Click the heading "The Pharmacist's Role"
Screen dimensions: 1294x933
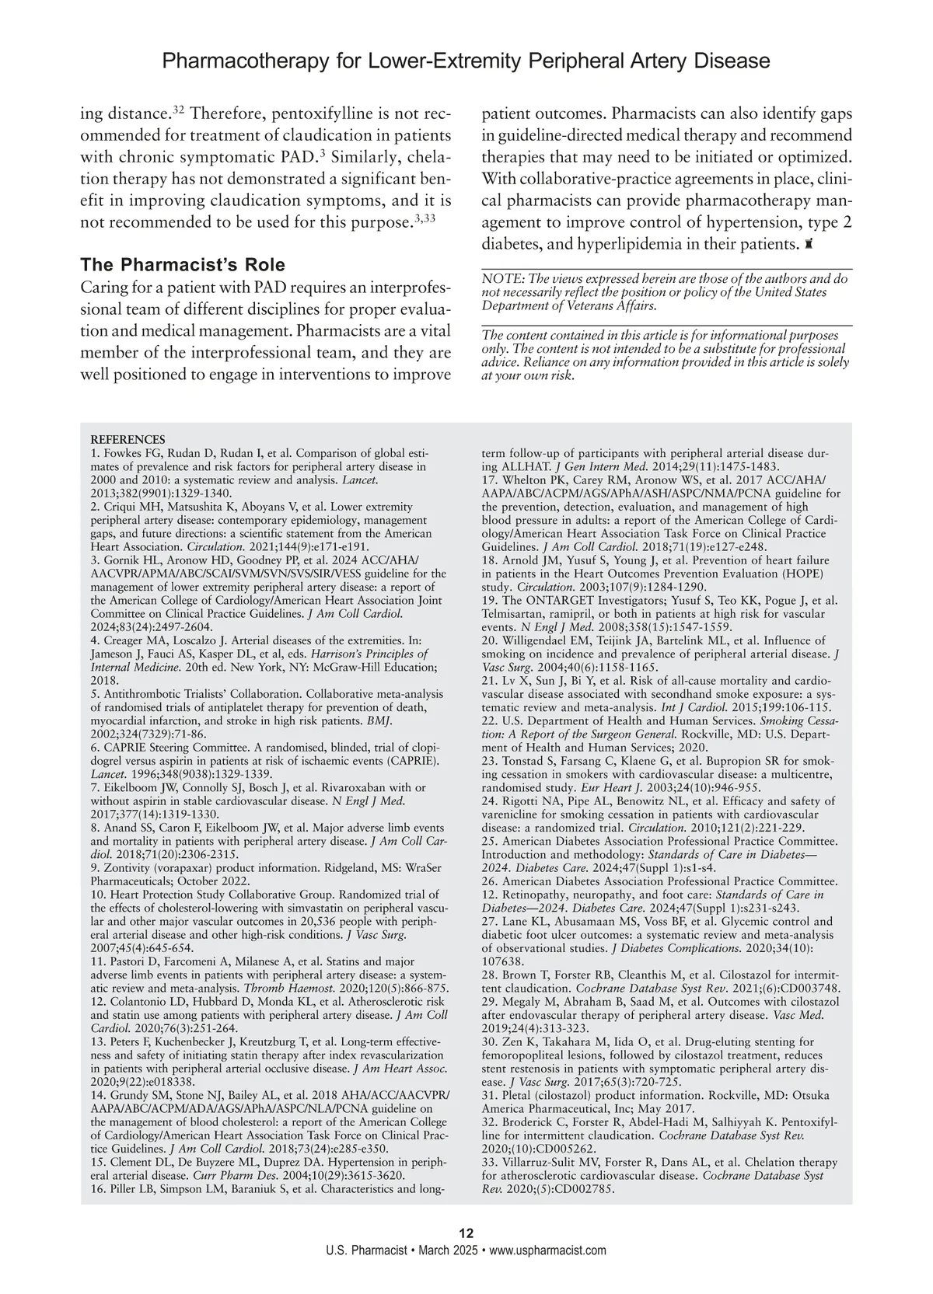pyautogui.click(x=183, y=263)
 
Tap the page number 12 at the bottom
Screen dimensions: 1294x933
pyautogui.click(x=466, y=1233)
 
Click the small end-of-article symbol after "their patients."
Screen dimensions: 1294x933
pyautogui.click(x=809, y=244)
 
